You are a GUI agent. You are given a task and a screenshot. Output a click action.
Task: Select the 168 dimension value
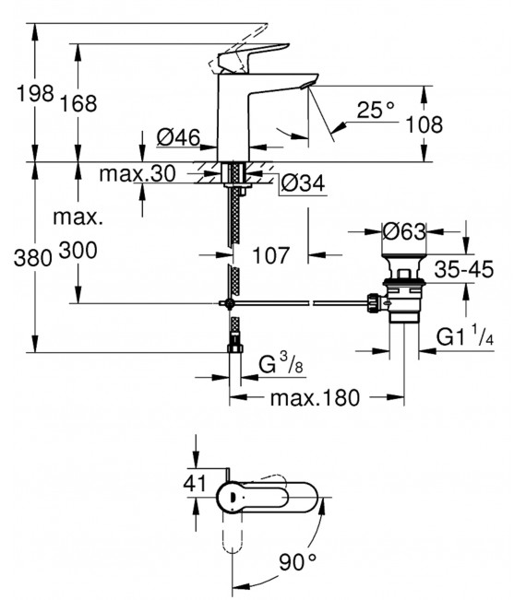click(x=78, y=103)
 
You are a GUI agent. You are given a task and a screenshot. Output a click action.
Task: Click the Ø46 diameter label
click(x=179, y=138)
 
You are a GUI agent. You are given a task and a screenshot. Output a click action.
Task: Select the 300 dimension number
click(x=78, y=250)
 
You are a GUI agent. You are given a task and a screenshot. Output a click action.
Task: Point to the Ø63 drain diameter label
click(x=403, y=229)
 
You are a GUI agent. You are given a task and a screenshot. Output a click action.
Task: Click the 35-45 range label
click(x=463, y=270)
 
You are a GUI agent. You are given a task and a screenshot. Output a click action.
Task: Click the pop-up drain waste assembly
click(x=400, y=292)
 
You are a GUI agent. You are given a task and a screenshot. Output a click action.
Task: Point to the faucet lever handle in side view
click(x=248, y=56)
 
